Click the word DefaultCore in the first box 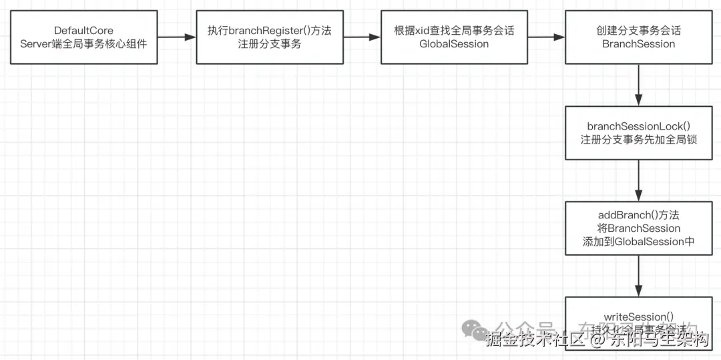point(84,31)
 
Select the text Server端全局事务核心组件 point(84,44)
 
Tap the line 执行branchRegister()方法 point(270,31)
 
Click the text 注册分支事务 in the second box point(270,44)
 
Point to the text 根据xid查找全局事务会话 point(454,31)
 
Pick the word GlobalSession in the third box point(454,44)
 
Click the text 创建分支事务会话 point(638,31)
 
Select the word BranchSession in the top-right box point(638,44)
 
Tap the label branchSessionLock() point(638,126)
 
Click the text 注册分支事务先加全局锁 point(638,140)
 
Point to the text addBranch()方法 point(638,215)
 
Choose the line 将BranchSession point(638,228)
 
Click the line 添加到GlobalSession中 point(638,242)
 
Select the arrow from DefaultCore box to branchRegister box point(176,37)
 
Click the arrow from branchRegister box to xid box point(362,37)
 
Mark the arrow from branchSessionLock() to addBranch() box point(639,180)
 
